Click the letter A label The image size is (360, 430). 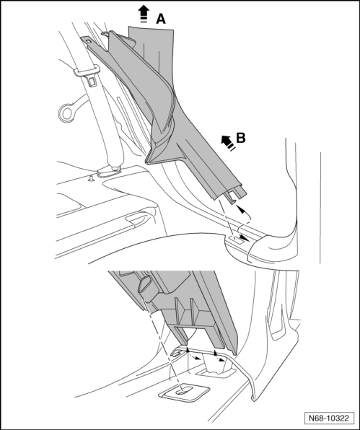[x=161, y=19]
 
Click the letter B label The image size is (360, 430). [x=241, y=138]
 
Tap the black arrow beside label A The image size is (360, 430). [x=144, y=14]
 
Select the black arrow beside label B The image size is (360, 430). [x=229, y=143]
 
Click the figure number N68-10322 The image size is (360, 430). [x=329, y=418]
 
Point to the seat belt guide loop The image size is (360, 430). [x=86, y=71]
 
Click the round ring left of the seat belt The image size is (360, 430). [x=66, y=113]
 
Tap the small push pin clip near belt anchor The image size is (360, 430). [x=91, y=178]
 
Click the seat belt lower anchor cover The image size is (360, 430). [x=109, y=171]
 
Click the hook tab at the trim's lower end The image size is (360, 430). [x=231, y=198]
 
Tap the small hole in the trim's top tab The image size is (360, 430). [x=88, y=41]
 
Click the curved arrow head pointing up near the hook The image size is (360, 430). [x=240, y=209]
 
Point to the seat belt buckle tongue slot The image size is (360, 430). [x=92, y=82]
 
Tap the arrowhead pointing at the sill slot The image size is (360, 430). [x=244, y=238]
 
